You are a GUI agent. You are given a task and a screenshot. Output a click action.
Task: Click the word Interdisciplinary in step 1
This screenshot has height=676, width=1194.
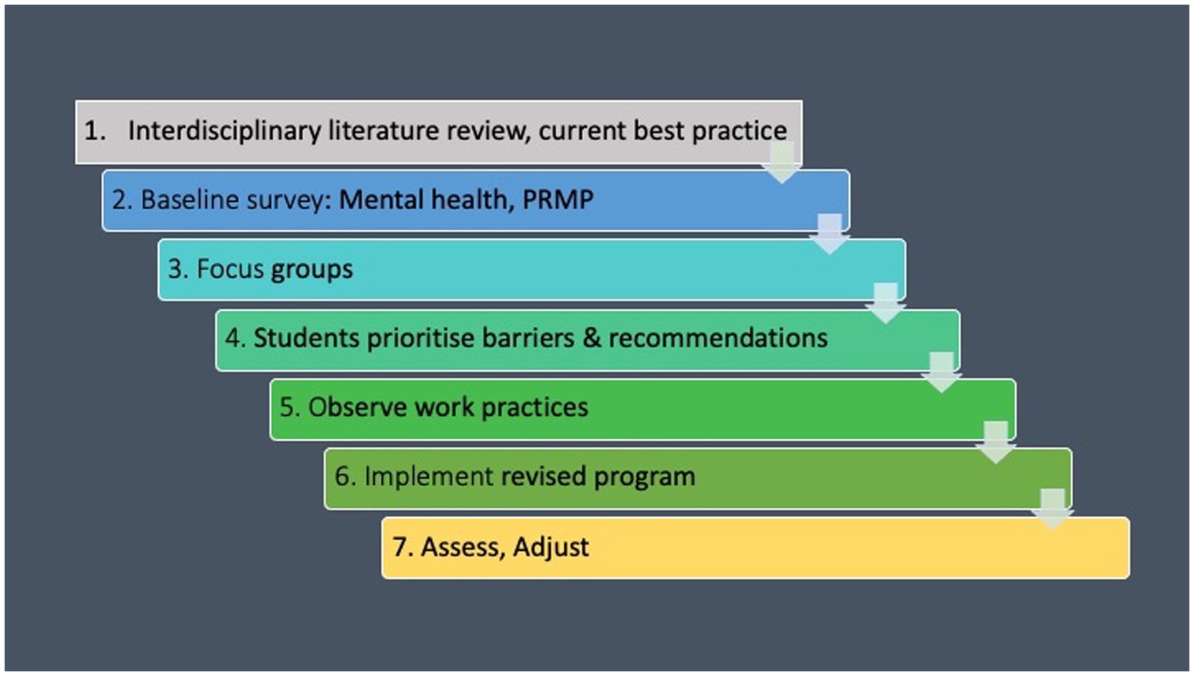[224, 131]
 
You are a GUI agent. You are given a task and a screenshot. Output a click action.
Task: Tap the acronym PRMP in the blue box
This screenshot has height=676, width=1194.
[558, 199]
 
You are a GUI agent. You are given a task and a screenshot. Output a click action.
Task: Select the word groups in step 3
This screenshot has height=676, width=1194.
[312, 270]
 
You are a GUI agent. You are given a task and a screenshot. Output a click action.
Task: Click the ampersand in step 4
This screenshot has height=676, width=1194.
[592, 337]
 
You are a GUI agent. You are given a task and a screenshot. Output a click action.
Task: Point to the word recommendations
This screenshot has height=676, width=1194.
[718, 337]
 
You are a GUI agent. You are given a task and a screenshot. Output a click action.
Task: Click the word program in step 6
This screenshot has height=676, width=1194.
[645, 477]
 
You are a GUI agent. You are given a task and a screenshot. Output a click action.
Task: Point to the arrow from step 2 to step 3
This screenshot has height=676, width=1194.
[829, 235]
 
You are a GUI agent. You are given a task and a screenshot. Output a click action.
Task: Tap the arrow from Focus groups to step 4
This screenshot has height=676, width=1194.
[885, 303]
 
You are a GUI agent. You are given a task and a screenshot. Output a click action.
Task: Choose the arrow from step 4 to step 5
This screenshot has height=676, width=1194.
[941, 373]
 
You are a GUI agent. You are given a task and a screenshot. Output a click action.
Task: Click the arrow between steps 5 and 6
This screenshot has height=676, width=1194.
[996, 442]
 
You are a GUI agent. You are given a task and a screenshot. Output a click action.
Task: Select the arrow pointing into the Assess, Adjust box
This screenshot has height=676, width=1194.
[1053, 509]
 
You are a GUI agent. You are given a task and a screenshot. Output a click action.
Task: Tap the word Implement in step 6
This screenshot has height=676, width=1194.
[429, 477]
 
